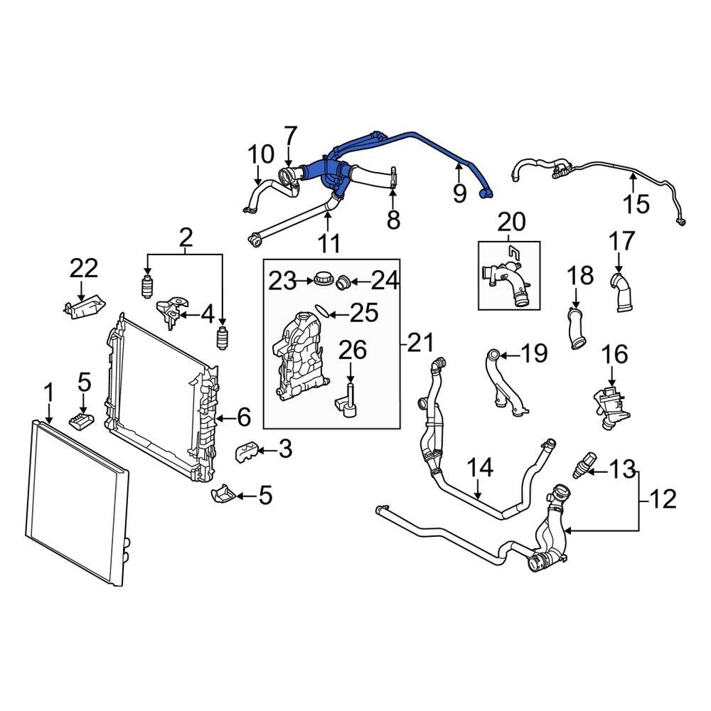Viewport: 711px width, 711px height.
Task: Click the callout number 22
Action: pyautogui.click(x=84, y=269)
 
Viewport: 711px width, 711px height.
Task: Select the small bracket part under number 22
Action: pyautogui.click(x=83, y=308)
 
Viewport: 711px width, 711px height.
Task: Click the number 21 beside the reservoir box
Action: pyautogui.click(x=419, y=343)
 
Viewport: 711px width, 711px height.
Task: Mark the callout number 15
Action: pyautogui.click(x=637, y=204)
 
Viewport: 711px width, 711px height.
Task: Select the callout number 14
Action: pyautogui.click(x=479, y=468)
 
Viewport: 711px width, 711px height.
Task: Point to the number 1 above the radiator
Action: pyautogui.click(x=48, y=392)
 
